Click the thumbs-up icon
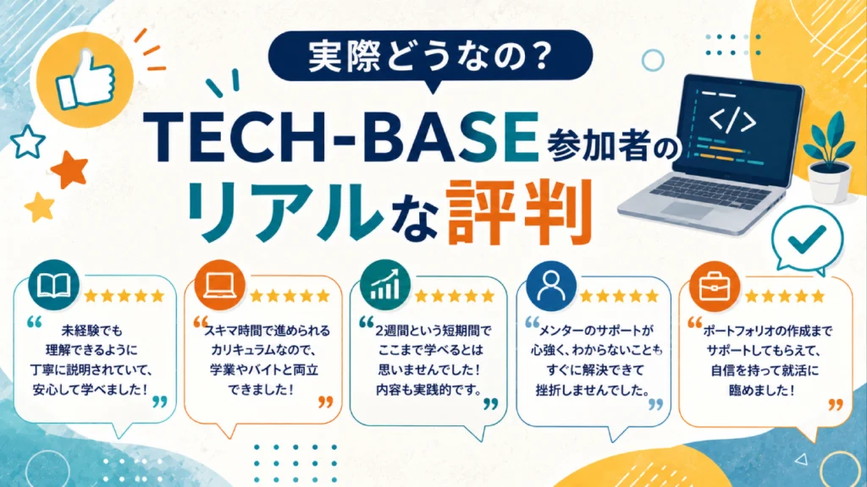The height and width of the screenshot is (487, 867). click(86, 79)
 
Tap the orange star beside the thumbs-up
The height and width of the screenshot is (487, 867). click(69, 168)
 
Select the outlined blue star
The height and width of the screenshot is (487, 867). click(28, 141)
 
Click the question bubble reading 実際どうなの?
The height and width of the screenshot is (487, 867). click(430, 56)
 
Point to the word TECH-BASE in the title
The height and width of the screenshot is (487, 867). click(342, 138)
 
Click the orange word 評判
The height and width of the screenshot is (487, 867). click(520, 211)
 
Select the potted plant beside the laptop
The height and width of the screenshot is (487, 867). click(829, 157)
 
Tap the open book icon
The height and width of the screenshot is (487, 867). click(53, 285)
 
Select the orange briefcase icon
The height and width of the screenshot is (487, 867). click(715, 287)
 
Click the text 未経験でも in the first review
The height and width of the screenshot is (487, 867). click(91, 331)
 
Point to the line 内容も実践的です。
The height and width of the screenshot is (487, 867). click(429, 389)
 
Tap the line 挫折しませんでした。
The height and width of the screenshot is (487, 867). click(593, 390)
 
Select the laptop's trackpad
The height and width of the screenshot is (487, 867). click(688, 210)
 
